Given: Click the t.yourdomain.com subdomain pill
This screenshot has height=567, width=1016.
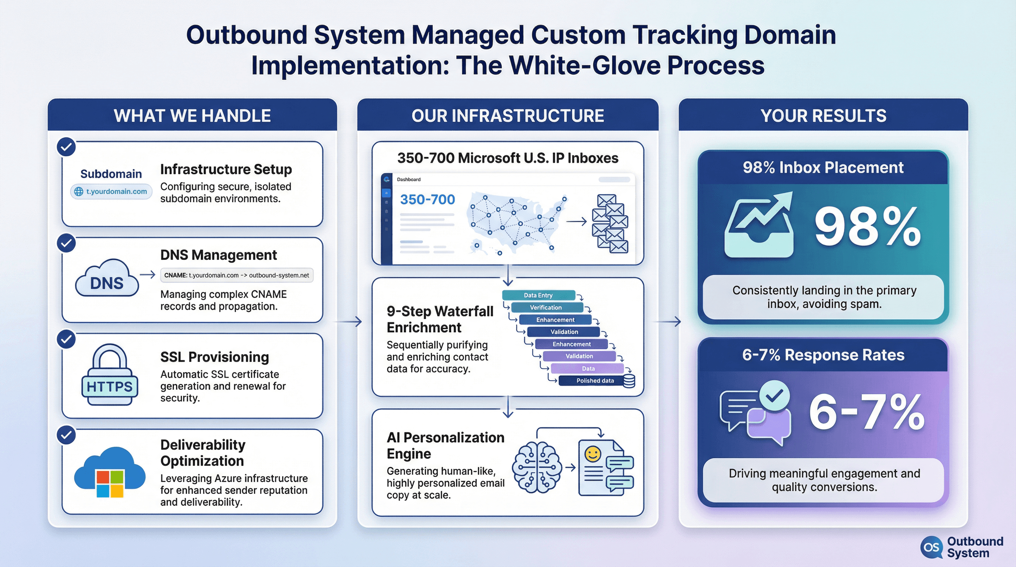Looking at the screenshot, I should click(111, 192).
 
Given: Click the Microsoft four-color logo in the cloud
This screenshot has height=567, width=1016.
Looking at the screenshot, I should click(110, 484).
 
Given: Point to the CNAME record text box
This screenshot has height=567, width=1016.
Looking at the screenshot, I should click(237, 275).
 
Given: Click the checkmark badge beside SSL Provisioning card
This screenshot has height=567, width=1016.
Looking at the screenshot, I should click(66, 339).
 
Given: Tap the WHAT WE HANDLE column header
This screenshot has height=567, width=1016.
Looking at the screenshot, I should click(192, 116).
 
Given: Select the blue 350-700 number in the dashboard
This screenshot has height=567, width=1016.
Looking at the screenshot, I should click(428, 199).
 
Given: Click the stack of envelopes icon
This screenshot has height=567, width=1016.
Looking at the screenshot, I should click(610, 223).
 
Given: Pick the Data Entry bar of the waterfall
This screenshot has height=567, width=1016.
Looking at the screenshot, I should click(538, 295).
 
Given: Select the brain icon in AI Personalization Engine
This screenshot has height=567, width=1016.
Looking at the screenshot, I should click(537, 467).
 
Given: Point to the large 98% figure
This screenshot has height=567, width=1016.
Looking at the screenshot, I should click(868, 228).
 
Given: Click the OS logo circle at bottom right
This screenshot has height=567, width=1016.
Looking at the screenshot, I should click(931, 547).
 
